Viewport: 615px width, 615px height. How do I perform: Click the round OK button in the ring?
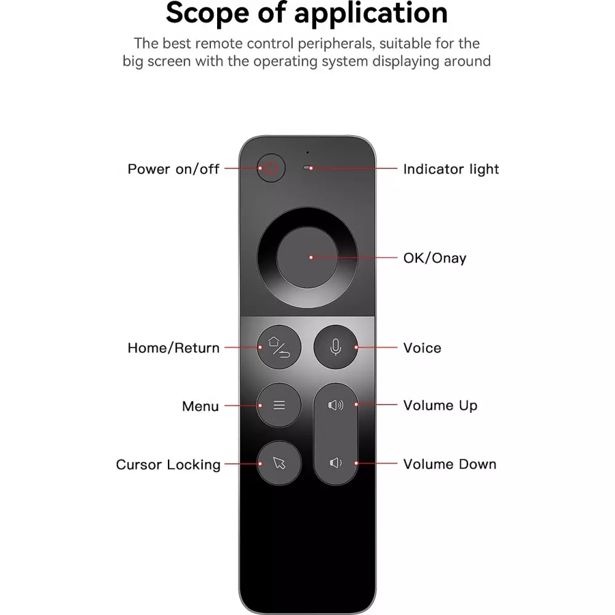(307, 258)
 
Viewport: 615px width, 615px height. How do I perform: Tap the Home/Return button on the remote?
(279, 347)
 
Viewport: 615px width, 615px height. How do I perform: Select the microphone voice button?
(336, 347)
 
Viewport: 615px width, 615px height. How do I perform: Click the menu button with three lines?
(279, 405)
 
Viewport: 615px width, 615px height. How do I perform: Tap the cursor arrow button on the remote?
(279, 463)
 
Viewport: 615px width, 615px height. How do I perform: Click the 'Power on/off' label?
(173, 169)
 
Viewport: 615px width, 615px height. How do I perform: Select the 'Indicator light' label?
(451, 169)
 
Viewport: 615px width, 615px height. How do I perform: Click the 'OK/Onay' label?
(435, 258)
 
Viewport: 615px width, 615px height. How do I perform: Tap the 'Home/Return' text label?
(173, 348)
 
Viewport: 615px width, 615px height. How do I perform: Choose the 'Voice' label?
(423, 348)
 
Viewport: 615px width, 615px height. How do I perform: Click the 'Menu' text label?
(200, 407)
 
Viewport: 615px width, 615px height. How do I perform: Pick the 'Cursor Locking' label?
(169, 465)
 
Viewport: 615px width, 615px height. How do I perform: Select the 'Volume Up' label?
(440, 405)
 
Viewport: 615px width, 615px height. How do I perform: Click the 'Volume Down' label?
(450, 464)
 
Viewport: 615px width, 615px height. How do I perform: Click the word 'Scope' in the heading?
(207, 12)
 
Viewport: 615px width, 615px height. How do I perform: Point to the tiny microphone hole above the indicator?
(307, 152)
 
